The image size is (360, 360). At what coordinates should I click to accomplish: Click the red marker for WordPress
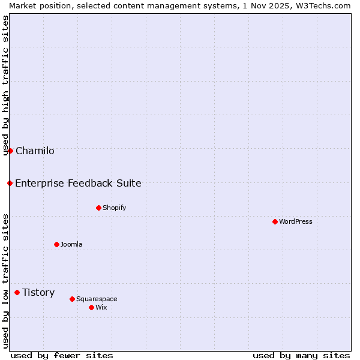(x=275, y=221)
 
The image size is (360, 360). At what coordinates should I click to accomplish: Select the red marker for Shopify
(x=98, y=208)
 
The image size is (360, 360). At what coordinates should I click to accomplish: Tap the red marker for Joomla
(x=56, y=244)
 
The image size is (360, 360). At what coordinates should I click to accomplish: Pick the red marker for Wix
(x=91, y=307)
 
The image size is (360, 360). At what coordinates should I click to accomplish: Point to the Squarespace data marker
(x=72, y=299)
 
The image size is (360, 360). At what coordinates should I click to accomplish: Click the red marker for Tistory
(x=17, y=292)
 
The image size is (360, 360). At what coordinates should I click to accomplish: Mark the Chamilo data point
(x=10, y=151)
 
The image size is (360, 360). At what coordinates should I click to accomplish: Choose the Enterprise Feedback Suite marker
(x=10, y=183)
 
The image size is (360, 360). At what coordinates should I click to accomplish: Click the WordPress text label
(x=296, y=221)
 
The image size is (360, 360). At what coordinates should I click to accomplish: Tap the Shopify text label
(x=114, y=208)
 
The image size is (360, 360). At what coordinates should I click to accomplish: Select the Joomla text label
(x=71, y=244)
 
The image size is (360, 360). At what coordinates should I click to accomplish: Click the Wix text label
(x=101, y=307)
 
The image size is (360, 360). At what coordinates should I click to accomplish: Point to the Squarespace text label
(x=97, y=299)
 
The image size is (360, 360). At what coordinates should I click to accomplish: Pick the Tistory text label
(x=38, y=292)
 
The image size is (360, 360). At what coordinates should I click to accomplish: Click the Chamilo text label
(x=35, y=151)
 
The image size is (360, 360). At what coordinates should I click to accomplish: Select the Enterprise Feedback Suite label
(x=78, y=183)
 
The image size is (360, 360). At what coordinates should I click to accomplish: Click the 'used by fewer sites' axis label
(x=62, y=355)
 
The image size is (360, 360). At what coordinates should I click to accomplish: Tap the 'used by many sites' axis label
(x=301, y=355)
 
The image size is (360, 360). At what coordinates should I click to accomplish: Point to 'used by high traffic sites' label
(x=5, y=85)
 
